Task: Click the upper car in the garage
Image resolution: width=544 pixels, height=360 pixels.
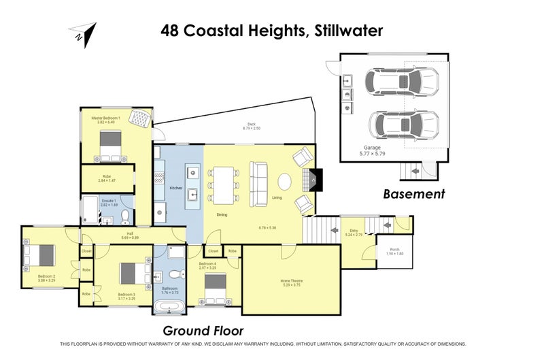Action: tap(395, 82)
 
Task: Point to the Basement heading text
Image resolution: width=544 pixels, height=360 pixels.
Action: tap(413, 194)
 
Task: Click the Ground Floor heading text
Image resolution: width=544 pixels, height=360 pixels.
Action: tap(203, 331)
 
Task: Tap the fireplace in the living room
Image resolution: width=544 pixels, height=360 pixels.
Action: tap(312, 180)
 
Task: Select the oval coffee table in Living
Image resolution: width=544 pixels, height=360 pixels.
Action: tap(284, 182)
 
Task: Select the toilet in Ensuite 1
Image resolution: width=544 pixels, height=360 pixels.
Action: tap(125, 217)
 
